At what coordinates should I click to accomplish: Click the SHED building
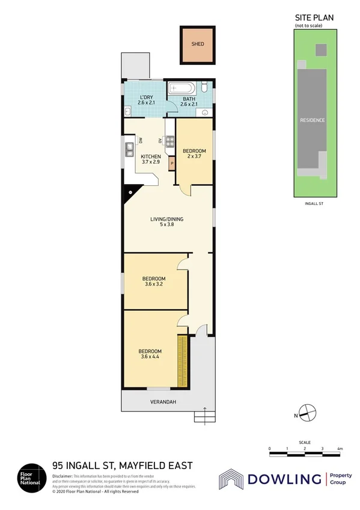198,45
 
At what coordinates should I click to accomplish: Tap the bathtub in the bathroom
183,88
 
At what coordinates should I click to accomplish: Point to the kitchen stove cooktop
170,142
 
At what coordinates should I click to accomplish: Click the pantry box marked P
172,162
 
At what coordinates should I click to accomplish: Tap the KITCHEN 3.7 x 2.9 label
151,159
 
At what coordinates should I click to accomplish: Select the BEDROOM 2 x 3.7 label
194,153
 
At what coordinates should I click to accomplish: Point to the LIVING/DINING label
166,222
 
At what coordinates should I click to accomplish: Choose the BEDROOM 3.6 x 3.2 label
154,281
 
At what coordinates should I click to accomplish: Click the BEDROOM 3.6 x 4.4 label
150,354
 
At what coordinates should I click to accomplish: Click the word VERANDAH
163,402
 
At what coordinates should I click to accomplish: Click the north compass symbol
307,413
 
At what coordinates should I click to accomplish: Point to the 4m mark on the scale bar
340,449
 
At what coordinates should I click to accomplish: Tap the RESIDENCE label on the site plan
312,120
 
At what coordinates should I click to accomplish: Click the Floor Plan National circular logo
29,478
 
